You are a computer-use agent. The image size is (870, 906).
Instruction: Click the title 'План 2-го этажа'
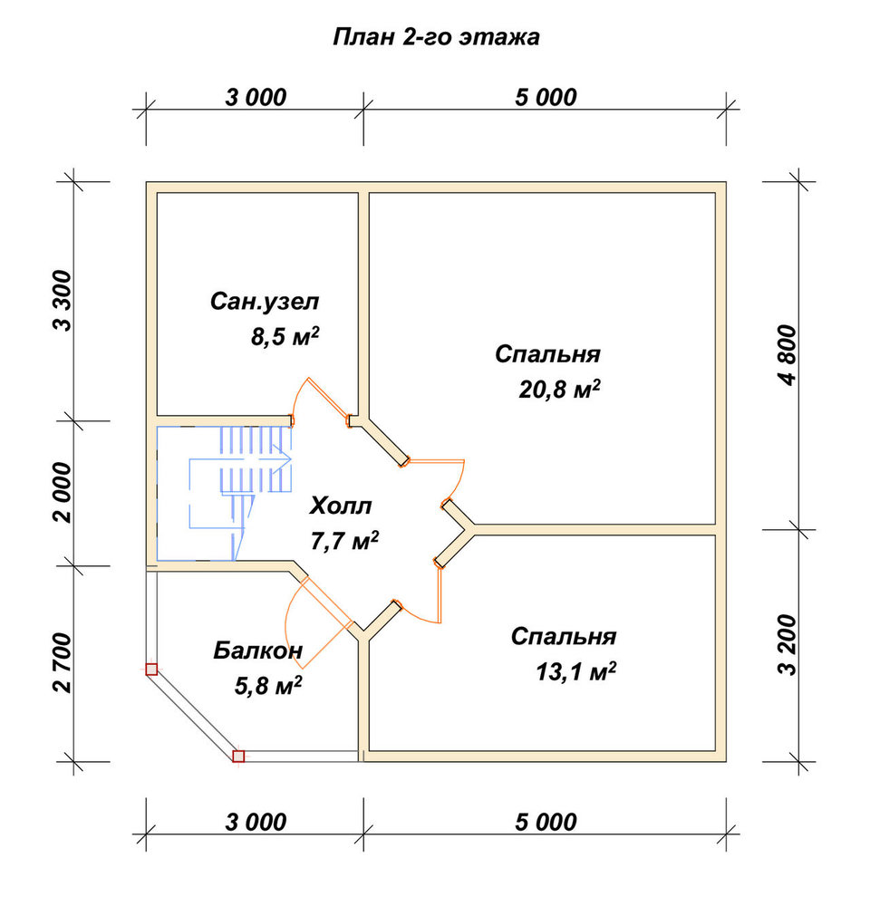pyautogui.click(x=436, y=37)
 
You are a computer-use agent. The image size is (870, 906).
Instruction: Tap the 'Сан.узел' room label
pyautogui.click(x=265, y=302)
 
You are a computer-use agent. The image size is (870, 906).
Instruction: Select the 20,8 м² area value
pyautogui.click(x=559, y=390)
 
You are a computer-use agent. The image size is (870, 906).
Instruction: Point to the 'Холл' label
pyautogui.click(x=341, y=506)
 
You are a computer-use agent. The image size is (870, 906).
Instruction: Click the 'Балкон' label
pyautogui.click(x=257, y=651)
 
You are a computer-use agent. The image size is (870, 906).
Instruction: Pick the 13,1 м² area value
pyautogui.click(x=575, y=671)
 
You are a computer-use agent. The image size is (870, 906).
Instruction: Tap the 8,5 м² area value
pyautogui.click(x=285, y=336)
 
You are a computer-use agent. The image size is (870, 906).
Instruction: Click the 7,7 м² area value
pyautogui.click(x=344, y=541)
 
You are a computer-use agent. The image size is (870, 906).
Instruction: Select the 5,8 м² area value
pyautogui.click(x=267, y=686)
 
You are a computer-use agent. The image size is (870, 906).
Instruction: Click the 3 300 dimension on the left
pyautogui.click(x=63, y=300)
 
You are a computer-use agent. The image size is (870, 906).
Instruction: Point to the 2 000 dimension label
pyautogui.click(x=63, y=492)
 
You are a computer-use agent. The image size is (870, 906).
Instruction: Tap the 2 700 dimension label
pyautogui.click(x=63, y=663)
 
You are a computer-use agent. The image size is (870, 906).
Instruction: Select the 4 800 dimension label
pyautogui.click(x=788, y=355)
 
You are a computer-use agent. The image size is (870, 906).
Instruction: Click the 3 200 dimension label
pyautogui.click(x=788, y=645)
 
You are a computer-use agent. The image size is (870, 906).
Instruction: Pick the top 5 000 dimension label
pyautogui.click(x=546, y=98)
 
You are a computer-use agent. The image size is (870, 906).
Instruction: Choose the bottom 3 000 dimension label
pyautogui.click(x=256, y=823)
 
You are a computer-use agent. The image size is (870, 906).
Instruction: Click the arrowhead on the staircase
pyautogui.click(x=285, y=460)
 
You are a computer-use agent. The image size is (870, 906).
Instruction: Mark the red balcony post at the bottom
pyautogui.click(x=238, y=757)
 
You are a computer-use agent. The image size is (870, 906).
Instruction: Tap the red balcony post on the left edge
pyautogui.click(x=151, y=670)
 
